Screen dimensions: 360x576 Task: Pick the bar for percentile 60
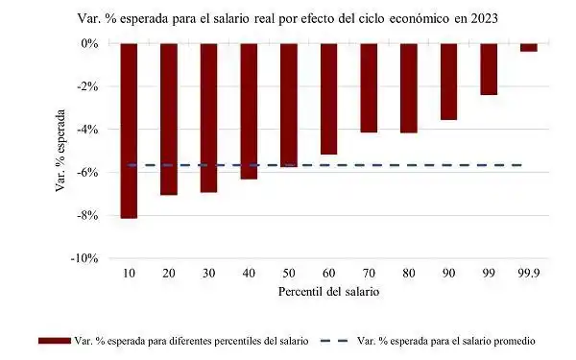(x=329, y=99)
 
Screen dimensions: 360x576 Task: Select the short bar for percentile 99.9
(x=529, y=47)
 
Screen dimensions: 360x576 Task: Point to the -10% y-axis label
(x=84, y=259)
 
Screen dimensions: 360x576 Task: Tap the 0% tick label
(x=89, y=44)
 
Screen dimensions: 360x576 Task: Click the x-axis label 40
(x=249, y=273)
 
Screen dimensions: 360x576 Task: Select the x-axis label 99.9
(x=529, y=273)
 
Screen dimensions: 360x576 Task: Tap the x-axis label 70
(x=369, y=273)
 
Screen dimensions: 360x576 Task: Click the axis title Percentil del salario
(x=327, y=291)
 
